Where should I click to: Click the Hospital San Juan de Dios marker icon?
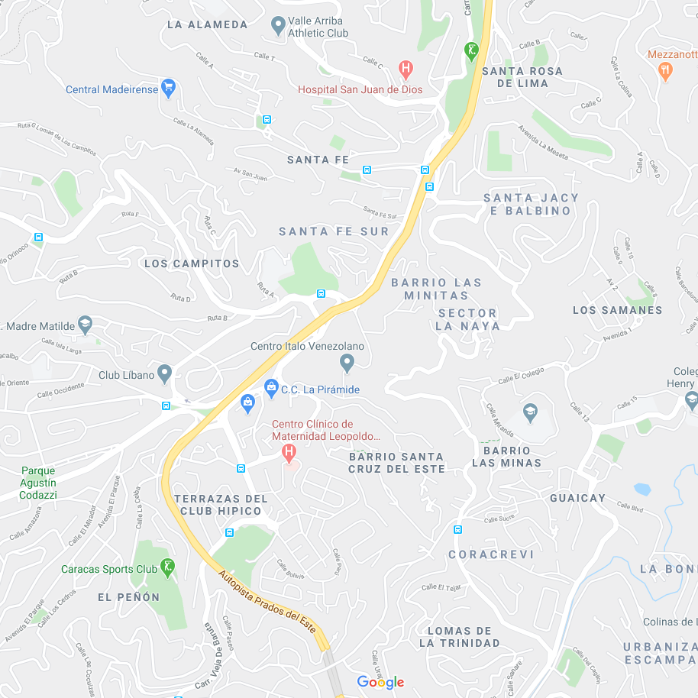[406, 69]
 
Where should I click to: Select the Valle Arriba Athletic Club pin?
[278, 27]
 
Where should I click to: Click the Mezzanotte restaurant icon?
[665, 70]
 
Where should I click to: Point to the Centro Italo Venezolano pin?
[347, 364]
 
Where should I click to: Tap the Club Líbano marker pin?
[165, 374]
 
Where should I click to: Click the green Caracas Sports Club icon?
[168, 567]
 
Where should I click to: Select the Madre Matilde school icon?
[85, 325]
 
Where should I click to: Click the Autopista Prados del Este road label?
[267, 601]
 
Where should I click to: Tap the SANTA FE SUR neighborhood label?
[334, 231]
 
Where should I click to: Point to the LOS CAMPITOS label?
[192, 263]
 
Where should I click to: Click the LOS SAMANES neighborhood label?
[617, 310]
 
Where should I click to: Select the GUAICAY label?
[577, 498]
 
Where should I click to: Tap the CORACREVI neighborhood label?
[491, 554]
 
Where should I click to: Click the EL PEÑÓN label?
[129, 597]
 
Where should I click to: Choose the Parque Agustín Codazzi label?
[39, 483]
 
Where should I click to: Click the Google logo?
[380, 682]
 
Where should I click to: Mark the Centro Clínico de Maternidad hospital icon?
[289, 453]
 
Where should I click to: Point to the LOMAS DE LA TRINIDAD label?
[459, 637]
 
